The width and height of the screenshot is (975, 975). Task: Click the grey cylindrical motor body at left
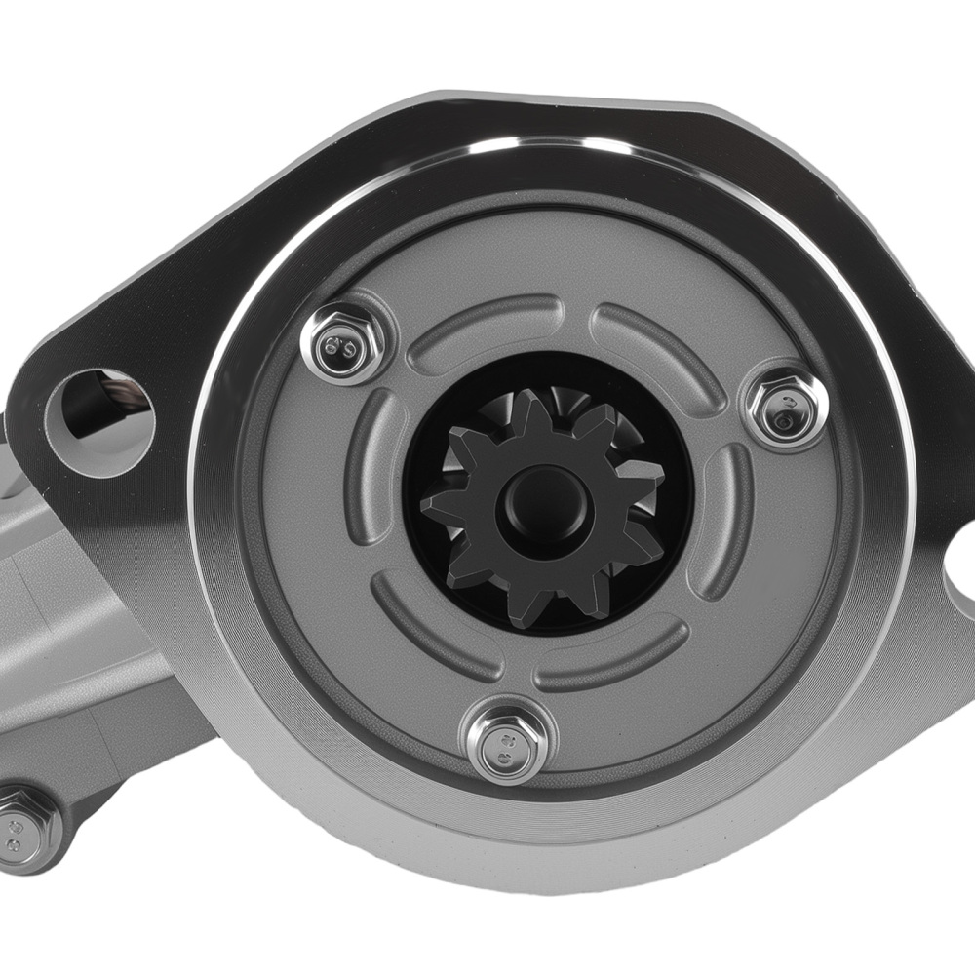58,624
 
